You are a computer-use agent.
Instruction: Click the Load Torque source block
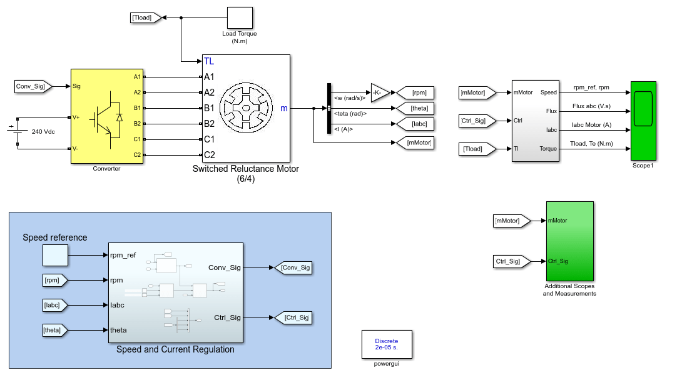pos(240,17)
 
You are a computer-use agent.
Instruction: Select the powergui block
pos(387,344)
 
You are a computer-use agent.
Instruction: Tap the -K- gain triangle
pos(380,92)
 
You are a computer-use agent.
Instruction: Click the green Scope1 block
pos(643,121)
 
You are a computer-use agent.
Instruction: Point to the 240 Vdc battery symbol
pos(17,131)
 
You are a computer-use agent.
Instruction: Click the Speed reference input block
pos(55,255)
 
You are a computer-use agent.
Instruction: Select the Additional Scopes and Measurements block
pos(570,241)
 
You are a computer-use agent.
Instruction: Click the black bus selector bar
pos(329,108)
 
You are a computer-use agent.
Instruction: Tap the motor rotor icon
pos(246,108)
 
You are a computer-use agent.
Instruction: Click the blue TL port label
pos(209,61)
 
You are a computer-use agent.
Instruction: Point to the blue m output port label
pos(283,108)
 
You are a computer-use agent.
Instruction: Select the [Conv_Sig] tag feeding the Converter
pos(33,86)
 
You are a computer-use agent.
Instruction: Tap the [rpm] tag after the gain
pos(415,92)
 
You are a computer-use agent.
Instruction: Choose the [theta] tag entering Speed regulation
pos(55,330)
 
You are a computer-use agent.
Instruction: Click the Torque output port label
pos(548,149)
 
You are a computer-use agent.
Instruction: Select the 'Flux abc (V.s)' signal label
pos(591,106)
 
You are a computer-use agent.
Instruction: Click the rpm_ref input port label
pos(123,255)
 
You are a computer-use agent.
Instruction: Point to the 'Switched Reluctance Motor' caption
pos(246,169)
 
